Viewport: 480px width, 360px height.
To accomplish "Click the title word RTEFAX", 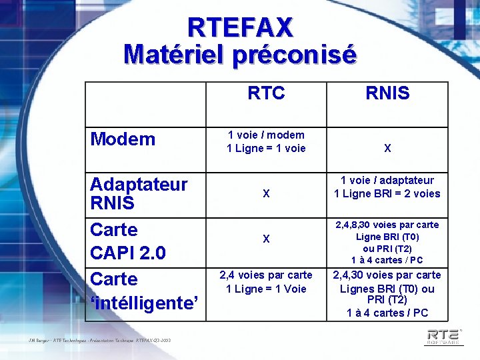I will [x=240, y=27].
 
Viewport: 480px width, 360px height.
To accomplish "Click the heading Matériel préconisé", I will [x=240, y=54].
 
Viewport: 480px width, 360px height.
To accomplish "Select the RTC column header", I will [x=266, y=93].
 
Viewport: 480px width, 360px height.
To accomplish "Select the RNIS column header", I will [x=387, y=93].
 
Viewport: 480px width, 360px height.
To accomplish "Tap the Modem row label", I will [x=123, y=139].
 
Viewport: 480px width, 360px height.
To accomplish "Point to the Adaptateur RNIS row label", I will [x=139, y=193].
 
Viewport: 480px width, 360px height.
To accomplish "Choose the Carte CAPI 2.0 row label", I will [x=127, y=241].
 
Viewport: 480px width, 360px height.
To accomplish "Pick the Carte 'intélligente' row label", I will [x=144, y=291].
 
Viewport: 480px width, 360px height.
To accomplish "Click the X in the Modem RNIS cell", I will [x=387, y=149].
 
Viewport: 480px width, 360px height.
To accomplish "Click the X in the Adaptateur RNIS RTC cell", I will [x=266, y=194].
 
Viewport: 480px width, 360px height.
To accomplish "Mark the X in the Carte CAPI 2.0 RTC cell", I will [x=266, y=239].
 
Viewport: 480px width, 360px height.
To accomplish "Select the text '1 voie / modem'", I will [x=266, y=135].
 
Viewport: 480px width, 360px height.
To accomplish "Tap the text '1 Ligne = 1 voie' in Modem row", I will [x=266, y=148].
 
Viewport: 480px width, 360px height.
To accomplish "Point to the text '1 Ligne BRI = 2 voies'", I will [x=387, y=193].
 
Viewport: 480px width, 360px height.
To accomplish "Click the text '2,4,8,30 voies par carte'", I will [x=387, y=225].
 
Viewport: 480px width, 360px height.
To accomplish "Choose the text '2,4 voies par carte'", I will [x=266, y=275].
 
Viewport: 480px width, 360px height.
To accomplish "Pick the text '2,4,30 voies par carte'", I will [x=387, y=275].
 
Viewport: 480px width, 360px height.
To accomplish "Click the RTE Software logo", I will [x=443, y=335].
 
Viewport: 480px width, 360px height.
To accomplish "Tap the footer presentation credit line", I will [x=100, y=341].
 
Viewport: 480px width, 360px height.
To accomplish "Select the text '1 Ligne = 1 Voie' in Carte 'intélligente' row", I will [x=266, y=289].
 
